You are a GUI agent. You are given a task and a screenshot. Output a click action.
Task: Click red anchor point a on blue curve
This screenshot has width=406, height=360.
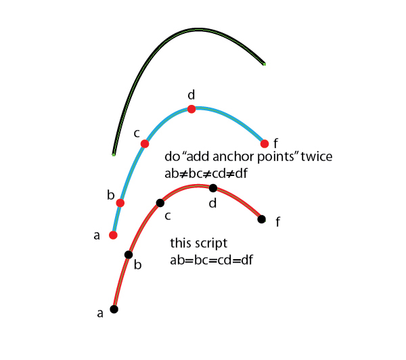(113, 235)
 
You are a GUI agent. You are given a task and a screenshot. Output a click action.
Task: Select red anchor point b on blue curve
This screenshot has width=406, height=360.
(120, 202)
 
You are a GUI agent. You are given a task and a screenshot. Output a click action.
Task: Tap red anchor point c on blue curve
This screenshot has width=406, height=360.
(145, 143)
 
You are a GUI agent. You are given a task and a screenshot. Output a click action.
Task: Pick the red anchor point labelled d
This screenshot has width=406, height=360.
(191, 109)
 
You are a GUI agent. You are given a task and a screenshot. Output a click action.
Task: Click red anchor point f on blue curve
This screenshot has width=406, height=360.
(265, 143)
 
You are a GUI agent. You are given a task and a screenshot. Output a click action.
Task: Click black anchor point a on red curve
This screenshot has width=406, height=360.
(114, 309)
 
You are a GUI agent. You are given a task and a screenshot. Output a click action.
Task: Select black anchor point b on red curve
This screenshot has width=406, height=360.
(129, 254)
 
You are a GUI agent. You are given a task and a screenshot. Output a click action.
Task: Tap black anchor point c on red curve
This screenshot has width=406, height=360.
(160, 202)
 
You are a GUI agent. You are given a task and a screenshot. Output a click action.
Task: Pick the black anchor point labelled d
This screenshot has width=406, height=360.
(213, 187)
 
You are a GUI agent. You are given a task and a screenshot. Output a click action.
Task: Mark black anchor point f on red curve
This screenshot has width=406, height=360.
(261, 219)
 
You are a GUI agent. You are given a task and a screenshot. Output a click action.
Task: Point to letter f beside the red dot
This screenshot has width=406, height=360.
(276, 143)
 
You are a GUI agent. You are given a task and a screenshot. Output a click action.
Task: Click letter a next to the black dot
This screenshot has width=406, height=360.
(100, 313)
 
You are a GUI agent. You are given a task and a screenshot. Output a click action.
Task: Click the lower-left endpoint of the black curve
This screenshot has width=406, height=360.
(114, 154)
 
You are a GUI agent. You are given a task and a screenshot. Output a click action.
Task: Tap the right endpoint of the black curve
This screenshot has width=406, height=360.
(264, 64)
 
